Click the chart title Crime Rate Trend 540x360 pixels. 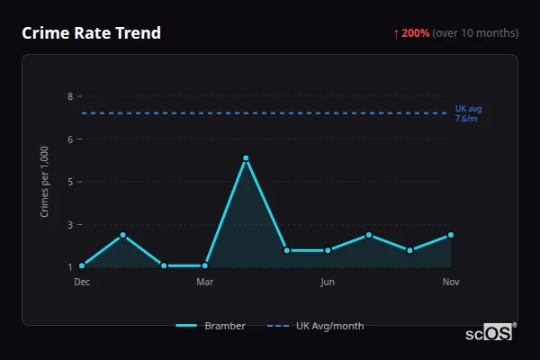tap(91, 33)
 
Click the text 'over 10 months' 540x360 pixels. tap(475, 33)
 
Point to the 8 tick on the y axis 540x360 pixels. tap(69, 95)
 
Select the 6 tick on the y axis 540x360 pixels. tap(69, 139)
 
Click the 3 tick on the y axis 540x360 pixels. tap(69, 224)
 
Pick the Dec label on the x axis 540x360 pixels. tap(82, 282)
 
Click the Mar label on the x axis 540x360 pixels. tap(204, 282)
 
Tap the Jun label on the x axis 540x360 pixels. tap(328, 282)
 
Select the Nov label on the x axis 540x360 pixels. tap(451, 282)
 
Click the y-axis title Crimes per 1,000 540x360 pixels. tap(45, 181)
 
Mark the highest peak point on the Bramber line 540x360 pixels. tap(246, 158)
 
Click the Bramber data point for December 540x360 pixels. tap(82, 265)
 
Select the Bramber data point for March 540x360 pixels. tap(204, 265)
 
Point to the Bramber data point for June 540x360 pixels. tap(328, 250)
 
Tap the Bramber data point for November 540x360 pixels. tap(451, 235)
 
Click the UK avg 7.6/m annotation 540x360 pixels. tap(469, 113)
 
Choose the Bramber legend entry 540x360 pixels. tap(211, 326)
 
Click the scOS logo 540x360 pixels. tap(490, 332)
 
